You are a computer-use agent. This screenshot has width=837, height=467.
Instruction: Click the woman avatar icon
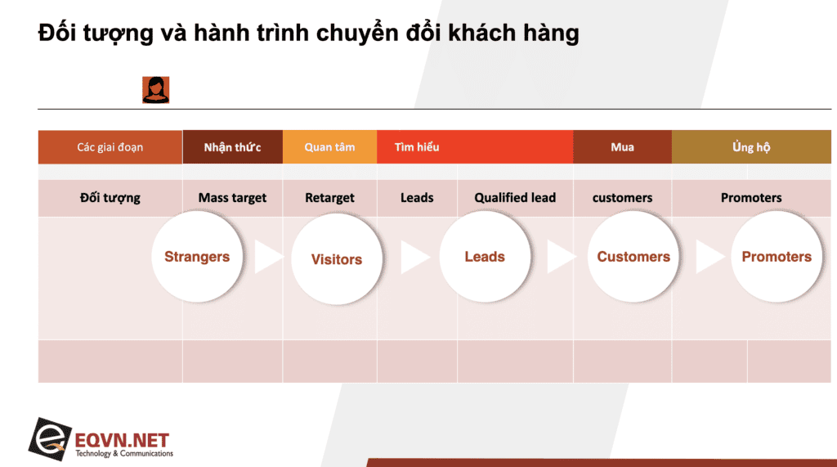(x=156, y=90)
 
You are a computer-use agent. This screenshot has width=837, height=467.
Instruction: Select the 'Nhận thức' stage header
(x=232, y=147)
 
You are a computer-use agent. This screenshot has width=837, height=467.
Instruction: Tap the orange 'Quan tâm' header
(x=330, y=147)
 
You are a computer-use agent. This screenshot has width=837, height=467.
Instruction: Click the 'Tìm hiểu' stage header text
(x=417, y=147)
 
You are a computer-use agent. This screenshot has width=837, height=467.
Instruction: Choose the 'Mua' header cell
(x=622, y=147)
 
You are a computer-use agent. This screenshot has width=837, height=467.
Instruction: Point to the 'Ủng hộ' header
(x=751, y=147)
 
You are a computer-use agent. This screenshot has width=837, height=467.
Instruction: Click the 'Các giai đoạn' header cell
(x=110, y=147)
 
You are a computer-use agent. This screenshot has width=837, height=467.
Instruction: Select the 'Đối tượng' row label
(x=110, y=198)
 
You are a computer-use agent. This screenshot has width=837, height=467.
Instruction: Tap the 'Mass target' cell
(x=232, y=198)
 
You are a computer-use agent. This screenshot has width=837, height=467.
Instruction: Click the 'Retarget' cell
(x=330, y=198)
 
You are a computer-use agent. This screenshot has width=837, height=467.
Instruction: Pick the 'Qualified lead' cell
(x=515, y=198)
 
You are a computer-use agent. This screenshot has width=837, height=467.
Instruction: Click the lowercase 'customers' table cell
(x=622, y=198)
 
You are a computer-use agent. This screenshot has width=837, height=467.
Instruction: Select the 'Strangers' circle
(x=197, y=257)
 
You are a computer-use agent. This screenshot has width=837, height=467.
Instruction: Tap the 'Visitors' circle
(x=337, y=258)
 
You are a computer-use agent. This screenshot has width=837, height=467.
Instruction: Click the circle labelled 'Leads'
(x=485, y=257)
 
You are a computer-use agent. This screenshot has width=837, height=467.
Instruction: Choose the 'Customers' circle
(x=633, y=257)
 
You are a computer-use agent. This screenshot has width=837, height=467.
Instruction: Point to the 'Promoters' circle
(x=777, y=257)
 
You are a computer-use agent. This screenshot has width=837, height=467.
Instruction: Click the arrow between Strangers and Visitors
(x=267, y=257)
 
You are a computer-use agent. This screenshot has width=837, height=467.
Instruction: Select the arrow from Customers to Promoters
(x=709, y=257)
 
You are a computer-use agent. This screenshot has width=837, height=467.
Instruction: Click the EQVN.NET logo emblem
(x=50, y=439)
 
